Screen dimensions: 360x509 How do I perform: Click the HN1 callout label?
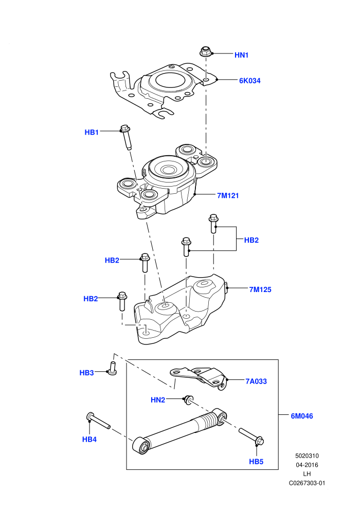241,55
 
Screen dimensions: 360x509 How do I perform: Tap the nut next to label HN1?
205,52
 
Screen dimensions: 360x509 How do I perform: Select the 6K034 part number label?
249,81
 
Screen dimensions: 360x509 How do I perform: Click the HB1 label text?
92,133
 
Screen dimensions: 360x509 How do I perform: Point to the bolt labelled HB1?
126,137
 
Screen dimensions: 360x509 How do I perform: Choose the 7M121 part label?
228,195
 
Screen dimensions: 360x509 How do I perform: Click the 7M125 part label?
260,289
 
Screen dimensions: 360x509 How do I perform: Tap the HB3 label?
87,373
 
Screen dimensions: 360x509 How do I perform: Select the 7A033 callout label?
256,381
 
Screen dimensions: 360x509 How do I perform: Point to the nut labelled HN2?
187,400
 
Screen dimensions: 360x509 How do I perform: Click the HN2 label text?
158,400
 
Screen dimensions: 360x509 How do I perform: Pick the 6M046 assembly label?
302,416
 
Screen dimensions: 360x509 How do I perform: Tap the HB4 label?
89,440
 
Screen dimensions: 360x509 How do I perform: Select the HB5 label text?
256,462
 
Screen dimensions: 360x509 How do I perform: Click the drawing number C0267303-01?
307,483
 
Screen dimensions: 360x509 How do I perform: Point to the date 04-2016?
307,465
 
